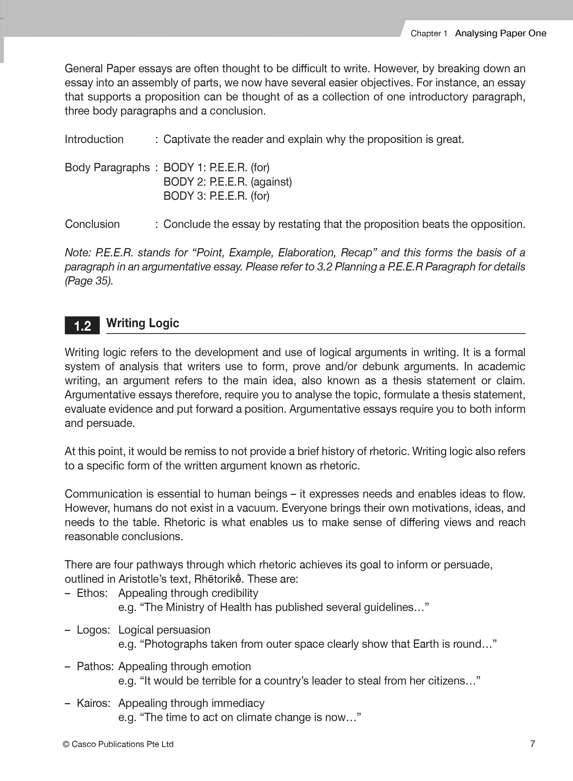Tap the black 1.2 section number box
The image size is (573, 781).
point(82,326)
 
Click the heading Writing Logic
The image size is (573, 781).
point(143,323)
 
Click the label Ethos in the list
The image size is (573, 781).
point(92,593)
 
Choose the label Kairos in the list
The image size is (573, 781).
point(93,703)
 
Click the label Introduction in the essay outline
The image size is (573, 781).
point(94,140)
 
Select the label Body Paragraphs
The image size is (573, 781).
point(107,167)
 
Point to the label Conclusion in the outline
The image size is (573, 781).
point(92,224)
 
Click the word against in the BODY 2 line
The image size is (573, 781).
point(271,182)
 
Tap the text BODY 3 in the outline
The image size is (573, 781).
point(182,196)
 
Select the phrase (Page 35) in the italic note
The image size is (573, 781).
point(89,281)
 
